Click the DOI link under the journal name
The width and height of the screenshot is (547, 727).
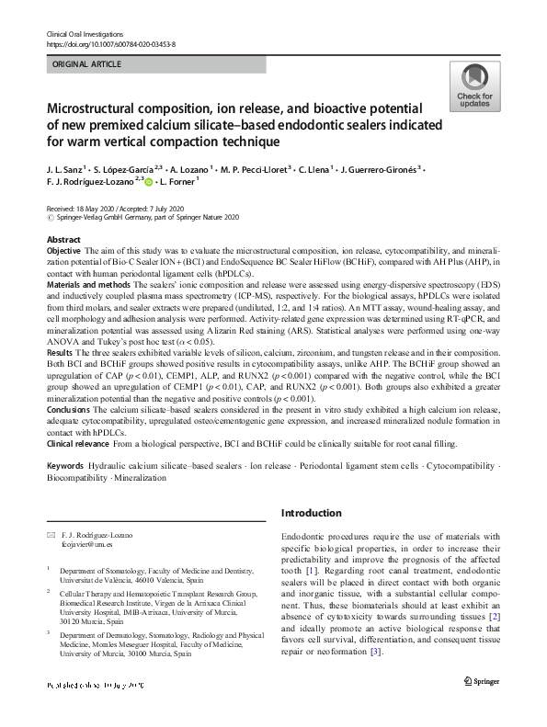[110, 42]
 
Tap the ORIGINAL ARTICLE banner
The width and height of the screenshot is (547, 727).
[86, 65]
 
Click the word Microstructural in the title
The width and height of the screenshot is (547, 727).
[94, 108]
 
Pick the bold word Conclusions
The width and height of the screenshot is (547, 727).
[68, 409]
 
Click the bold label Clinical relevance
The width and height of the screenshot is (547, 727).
[80, 443]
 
